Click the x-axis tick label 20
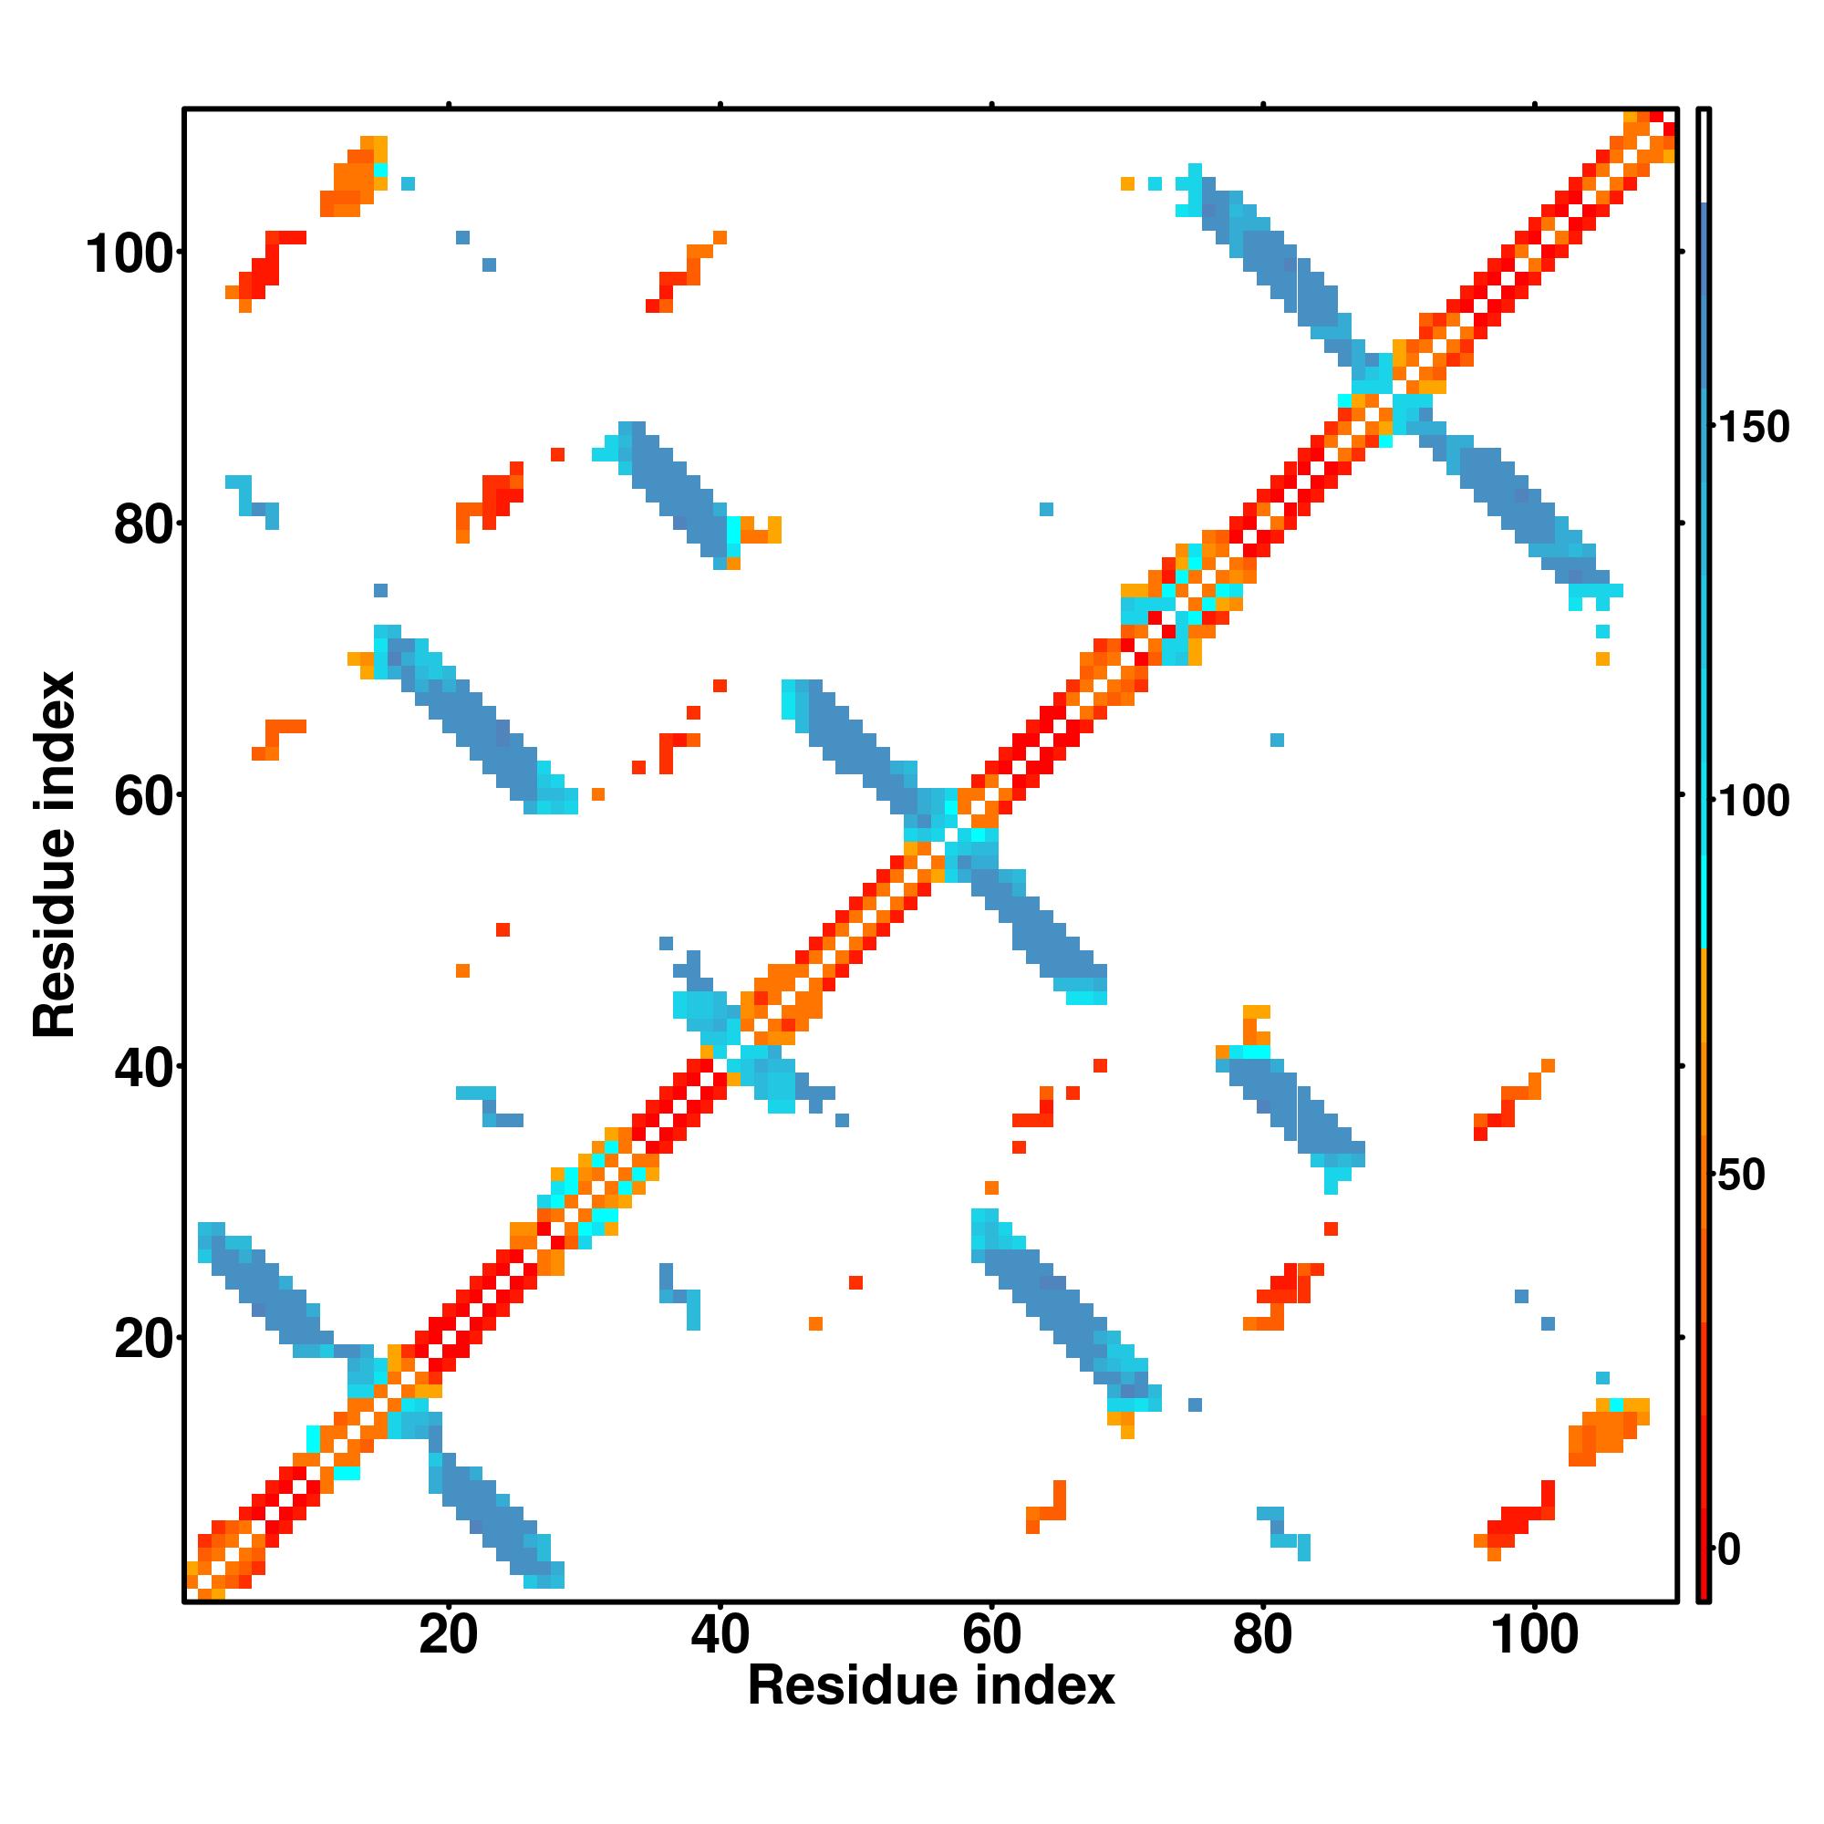tap(449, 1635)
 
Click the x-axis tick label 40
tap(720, 1635)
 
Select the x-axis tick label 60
tap(991, 1635)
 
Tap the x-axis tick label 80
tap(1262, 1635)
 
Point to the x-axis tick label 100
tap(1534, 1635)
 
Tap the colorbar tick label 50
tap(1743, 1176)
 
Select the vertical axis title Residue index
tap(55, 855)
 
